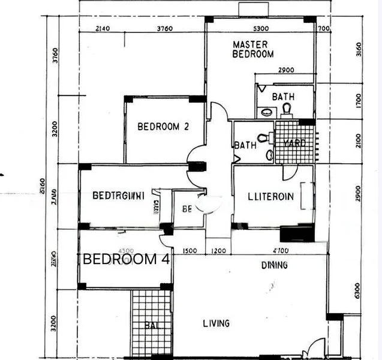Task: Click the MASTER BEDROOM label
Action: point(252,49)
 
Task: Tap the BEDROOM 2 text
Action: point(163,127)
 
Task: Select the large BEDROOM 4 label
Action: point(126,260)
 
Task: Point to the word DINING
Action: point(257,265)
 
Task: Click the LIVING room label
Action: point(216,323)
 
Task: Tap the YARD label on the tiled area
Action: point(294,143)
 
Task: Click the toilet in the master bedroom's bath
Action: point(287,109)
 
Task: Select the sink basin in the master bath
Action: point(266,112)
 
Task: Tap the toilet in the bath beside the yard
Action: point(263,139)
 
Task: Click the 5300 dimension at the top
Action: point(260,28)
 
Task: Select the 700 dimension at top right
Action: point(324,28)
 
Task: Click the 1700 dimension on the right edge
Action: point(358,100)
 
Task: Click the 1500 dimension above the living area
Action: point(190,251)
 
